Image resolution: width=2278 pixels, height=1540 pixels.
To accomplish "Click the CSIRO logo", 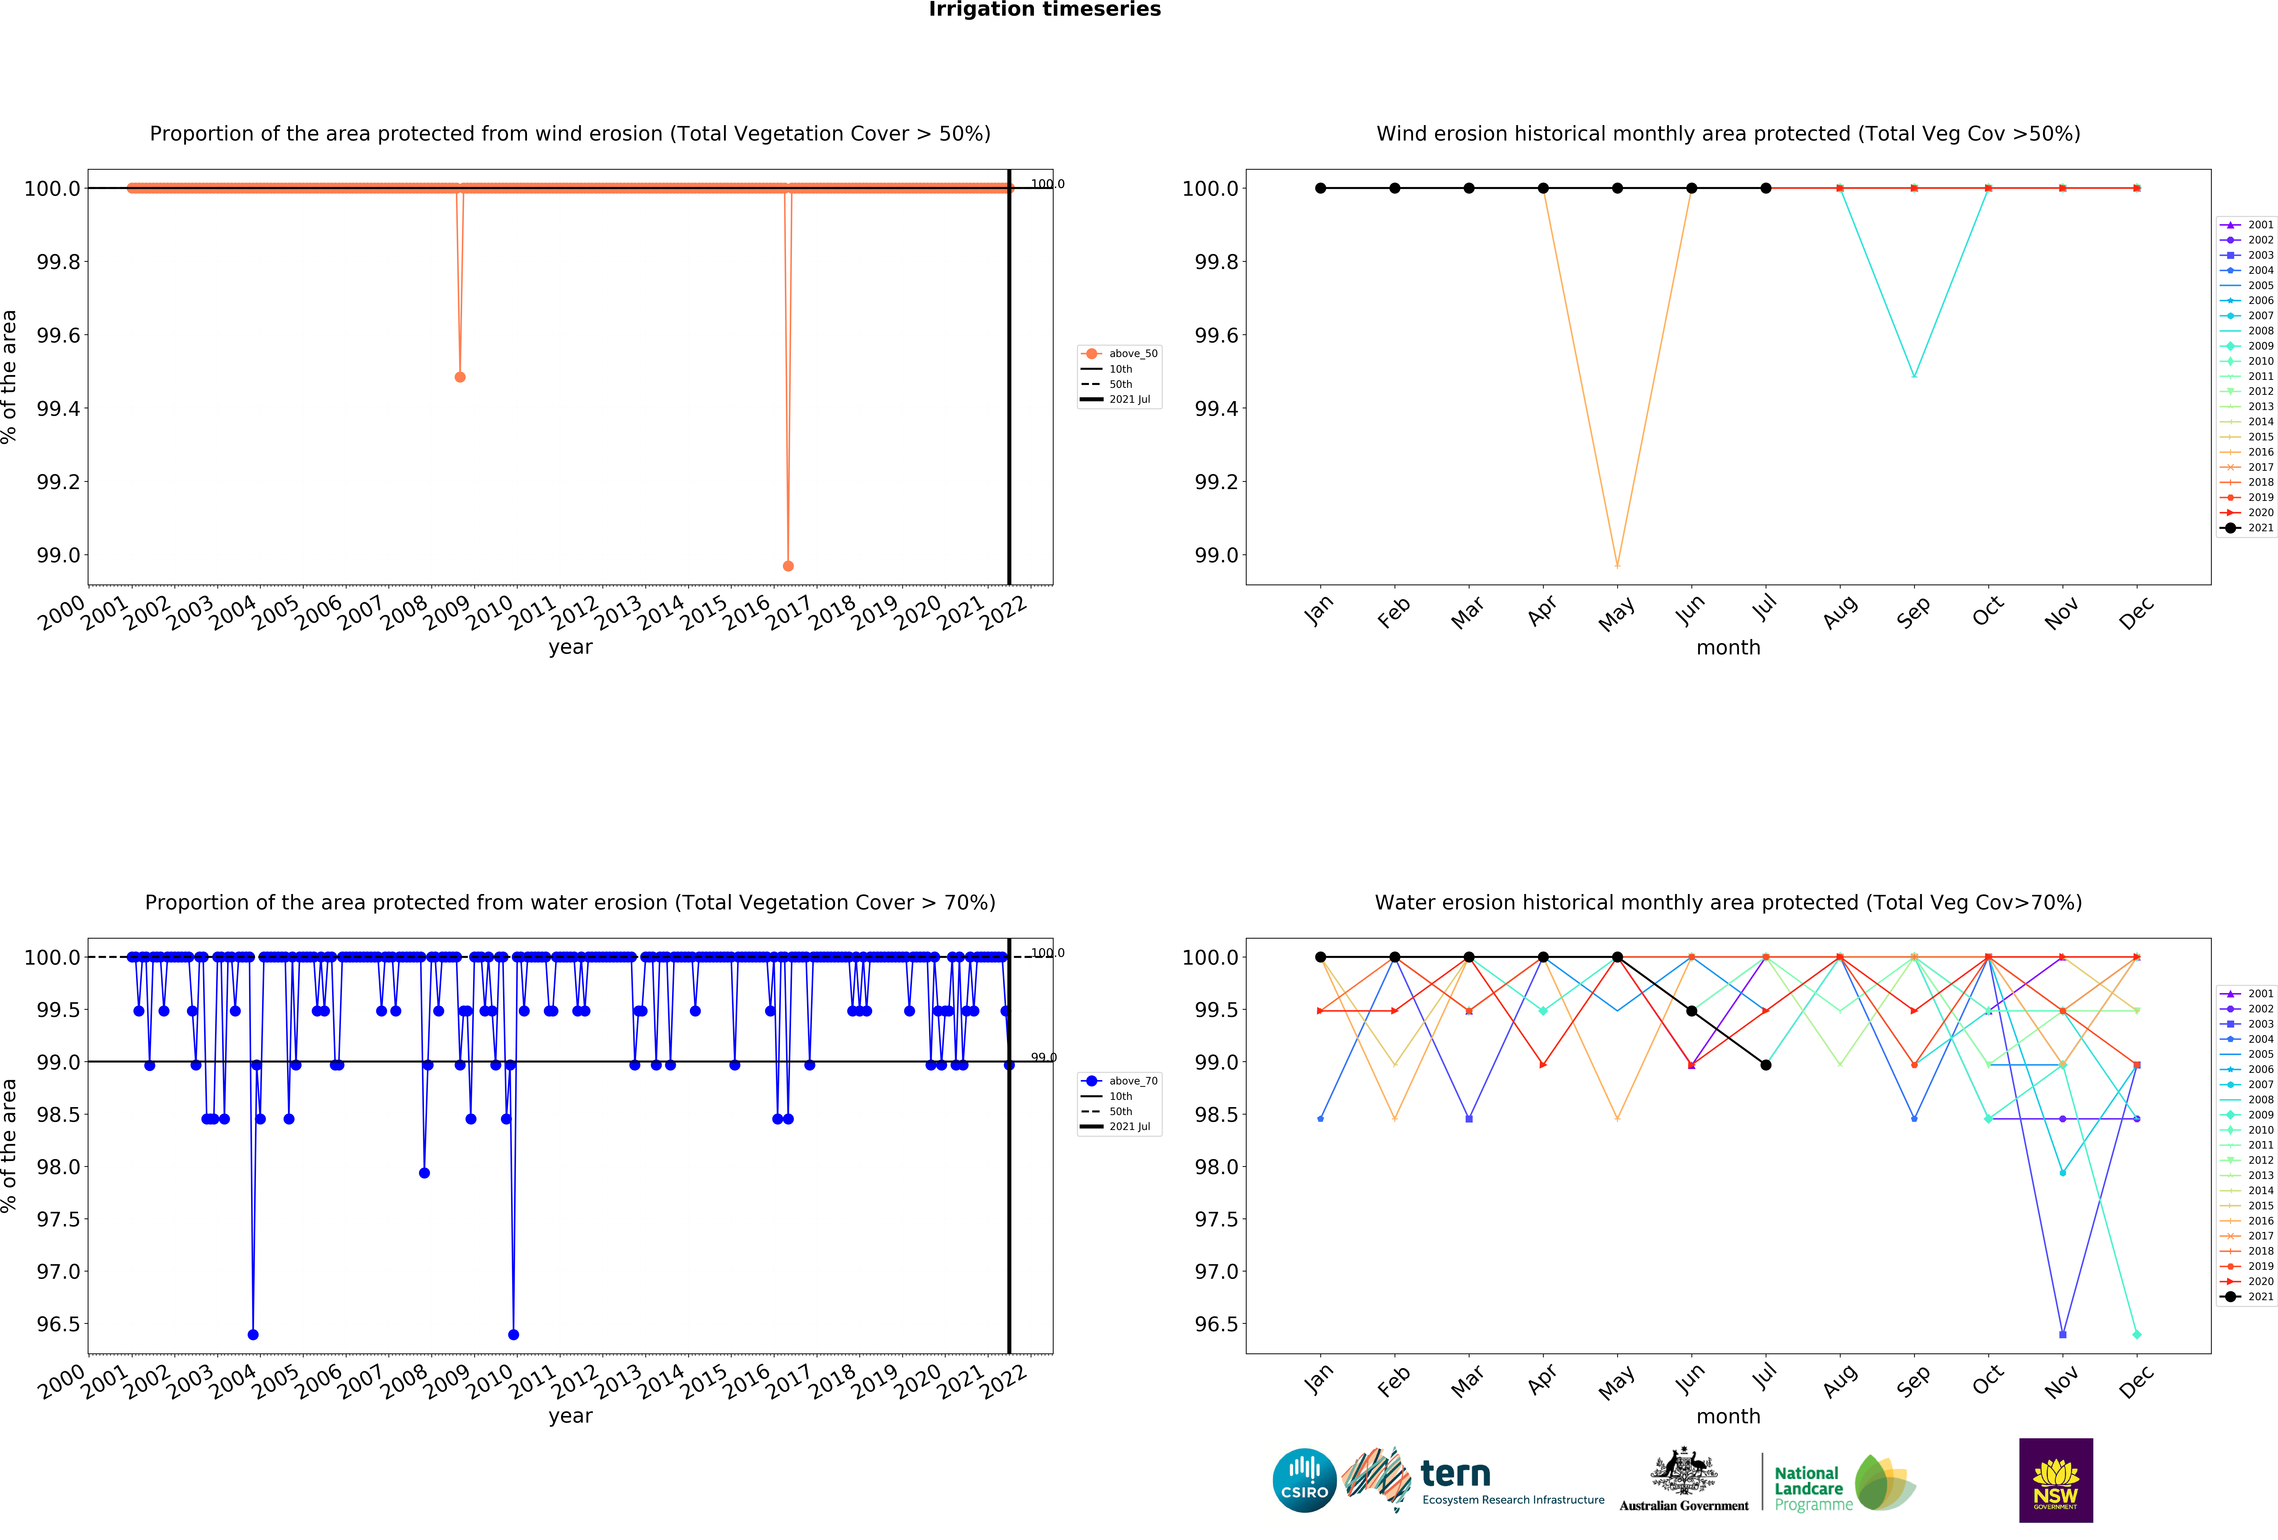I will tap(1304, 1480).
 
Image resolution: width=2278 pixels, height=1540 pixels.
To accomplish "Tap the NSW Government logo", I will tap(2056, 1480).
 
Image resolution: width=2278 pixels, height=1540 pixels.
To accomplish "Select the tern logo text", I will tap(1456, 1473).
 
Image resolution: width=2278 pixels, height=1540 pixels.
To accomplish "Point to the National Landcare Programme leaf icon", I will tap(1884, 1482).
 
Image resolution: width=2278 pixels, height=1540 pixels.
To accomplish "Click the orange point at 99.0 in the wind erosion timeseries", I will tap(788, 566).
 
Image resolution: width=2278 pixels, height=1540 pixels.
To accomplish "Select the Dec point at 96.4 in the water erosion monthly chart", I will tap(2137, 1334).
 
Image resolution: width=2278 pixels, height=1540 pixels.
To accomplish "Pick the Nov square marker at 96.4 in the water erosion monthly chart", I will tap(2063, 1334).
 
